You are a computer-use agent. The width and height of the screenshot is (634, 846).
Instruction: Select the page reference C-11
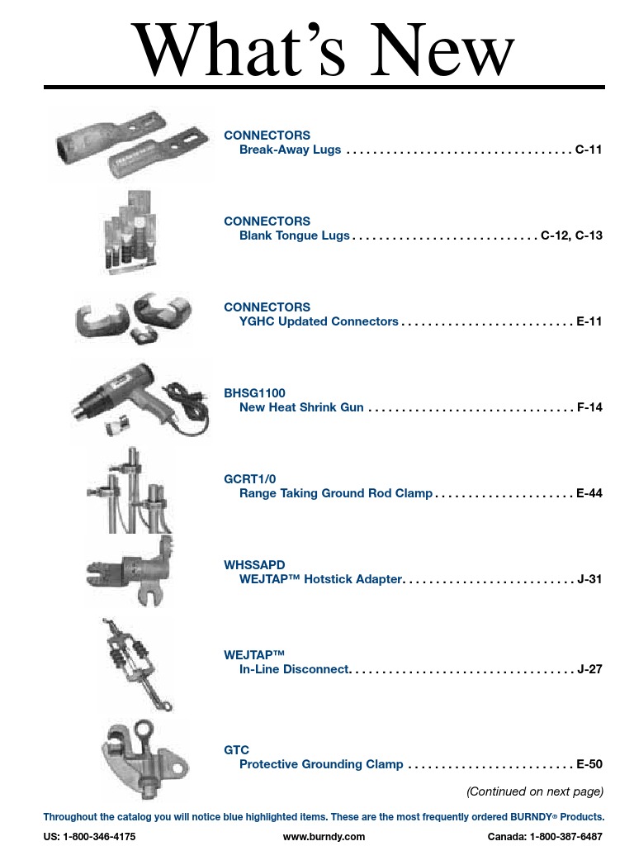coord(589,150)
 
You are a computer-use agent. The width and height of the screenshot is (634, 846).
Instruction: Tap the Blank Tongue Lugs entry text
coord(295,235)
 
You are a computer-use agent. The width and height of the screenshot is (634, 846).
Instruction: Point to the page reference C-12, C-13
coord(572,235)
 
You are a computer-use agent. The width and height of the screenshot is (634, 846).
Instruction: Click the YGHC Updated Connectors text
coord(319,321)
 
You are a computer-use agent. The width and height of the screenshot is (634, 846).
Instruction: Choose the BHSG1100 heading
coord(254,393)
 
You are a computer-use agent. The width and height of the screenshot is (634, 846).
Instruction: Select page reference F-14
coord(589,407)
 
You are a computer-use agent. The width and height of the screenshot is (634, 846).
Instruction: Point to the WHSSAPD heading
coord(254,565)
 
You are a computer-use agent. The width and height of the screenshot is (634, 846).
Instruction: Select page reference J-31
coord(590,579)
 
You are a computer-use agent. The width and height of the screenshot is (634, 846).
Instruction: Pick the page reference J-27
coord(590,668)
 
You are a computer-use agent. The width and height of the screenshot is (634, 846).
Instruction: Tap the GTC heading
coord(236,750)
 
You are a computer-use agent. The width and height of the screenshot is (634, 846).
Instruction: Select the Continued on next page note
coord(535,791)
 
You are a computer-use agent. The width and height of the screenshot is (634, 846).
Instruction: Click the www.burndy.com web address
coord(324,836)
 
